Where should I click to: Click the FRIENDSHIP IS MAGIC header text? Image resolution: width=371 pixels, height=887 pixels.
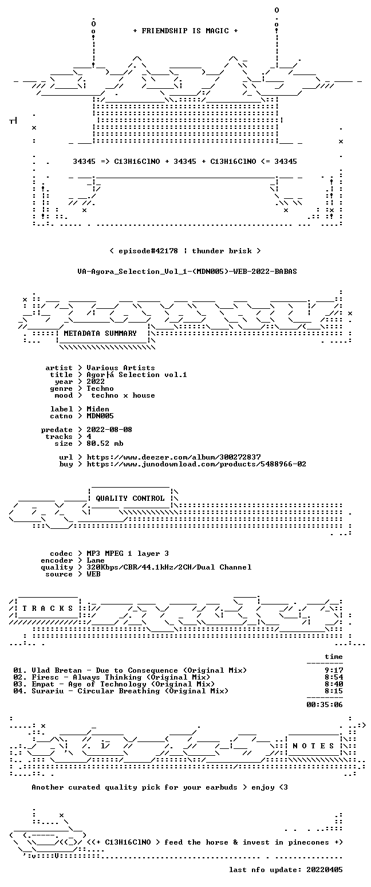(185, 31)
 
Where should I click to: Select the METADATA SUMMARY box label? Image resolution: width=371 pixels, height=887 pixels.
(100, 333)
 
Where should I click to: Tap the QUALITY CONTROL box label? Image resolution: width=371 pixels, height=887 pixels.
(130, 499)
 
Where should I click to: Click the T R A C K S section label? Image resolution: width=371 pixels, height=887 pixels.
(48, 608)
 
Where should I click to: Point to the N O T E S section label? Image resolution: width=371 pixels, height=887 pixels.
(313, 745)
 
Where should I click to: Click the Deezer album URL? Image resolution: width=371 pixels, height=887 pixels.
(173, 457)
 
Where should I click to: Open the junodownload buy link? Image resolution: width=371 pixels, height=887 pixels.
(196, 464)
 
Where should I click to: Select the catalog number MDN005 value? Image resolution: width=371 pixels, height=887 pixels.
(100, 416)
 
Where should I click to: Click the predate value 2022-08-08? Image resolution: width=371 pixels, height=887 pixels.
(109, 430)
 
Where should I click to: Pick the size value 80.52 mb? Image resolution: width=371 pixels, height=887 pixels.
(105, 443)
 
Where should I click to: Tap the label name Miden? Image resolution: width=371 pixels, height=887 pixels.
(98, 409)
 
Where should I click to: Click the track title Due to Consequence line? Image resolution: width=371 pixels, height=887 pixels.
(130, 670)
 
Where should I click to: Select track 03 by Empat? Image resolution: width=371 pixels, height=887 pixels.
(114, 684)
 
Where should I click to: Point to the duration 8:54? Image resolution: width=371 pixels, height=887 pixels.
(334, 677)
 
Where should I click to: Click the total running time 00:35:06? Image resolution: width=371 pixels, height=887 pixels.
(325, 704)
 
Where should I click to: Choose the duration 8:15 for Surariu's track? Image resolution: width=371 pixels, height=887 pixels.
(334, 691)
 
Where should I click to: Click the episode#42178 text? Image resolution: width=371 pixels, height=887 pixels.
(148, 251)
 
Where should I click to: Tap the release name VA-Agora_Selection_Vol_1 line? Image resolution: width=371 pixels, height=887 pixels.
(187, 272)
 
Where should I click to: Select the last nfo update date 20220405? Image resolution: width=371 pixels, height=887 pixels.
(325, 870)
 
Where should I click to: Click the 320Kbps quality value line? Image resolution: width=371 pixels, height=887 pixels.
(169, 567)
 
